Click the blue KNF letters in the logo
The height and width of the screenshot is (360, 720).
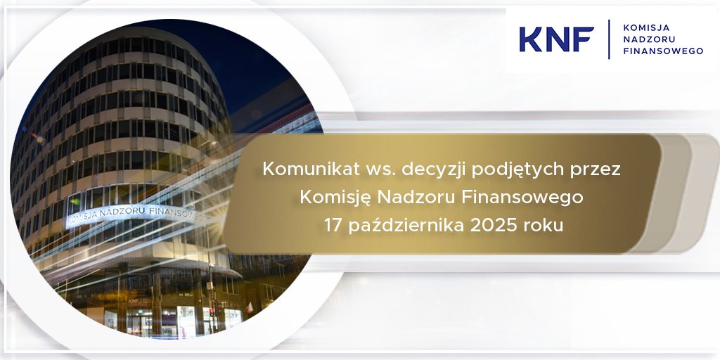[x=556, y=39]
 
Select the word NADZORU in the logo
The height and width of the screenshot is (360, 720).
[x=645, y=39]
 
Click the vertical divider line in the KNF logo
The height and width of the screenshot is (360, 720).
[x=610, y=39]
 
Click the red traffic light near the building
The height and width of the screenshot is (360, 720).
[x=211, y=310]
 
